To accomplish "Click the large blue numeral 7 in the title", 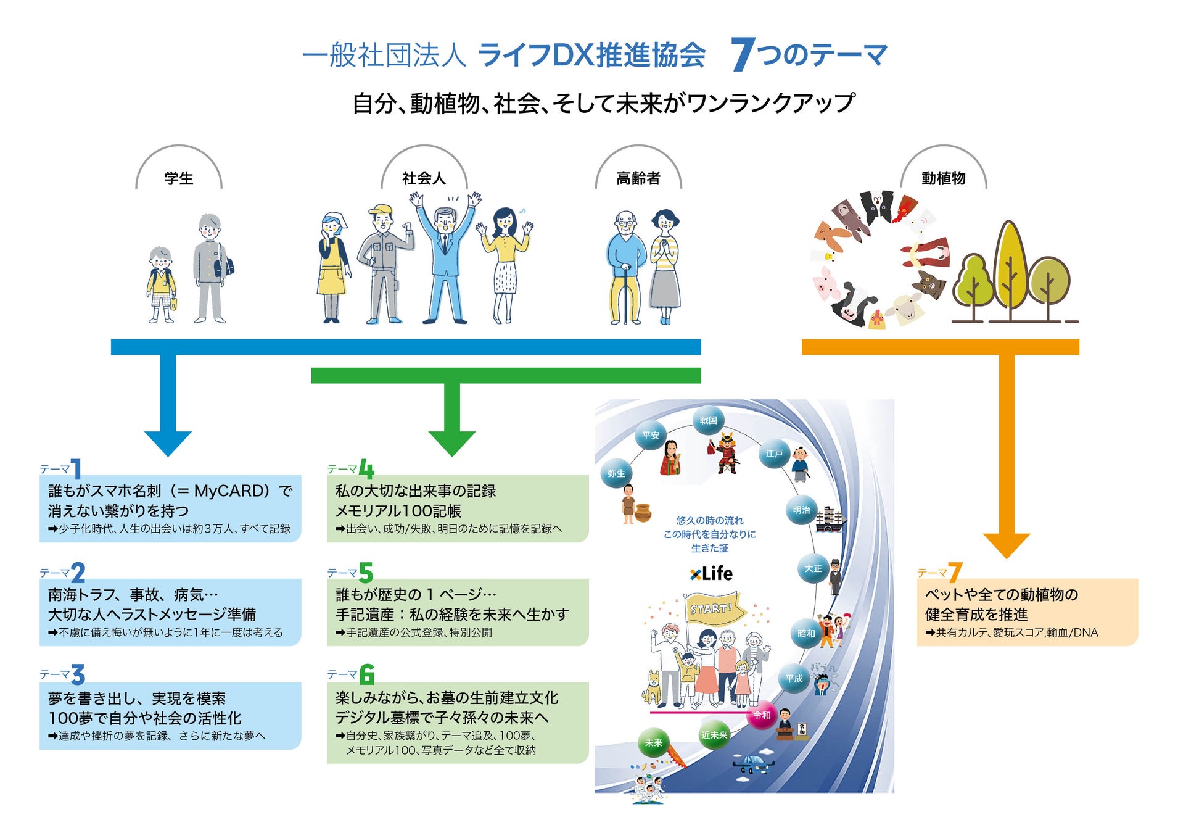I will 743,54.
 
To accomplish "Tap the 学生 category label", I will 179,178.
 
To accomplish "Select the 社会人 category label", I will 424,178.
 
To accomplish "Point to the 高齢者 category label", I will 638,178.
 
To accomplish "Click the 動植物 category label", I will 943,178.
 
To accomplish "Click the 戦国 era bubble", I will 708,420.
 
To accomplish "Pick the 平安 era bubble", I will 650,436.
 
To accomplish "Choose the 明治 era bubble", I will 801,510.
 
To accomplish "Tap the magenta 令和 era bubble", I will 762,715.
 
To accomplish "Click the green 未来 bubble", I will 653,743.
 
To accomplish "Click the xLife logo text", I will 711,574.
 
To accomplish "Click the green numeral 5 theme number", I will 366,573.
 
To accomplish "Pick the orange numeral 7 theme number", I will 955,573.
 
